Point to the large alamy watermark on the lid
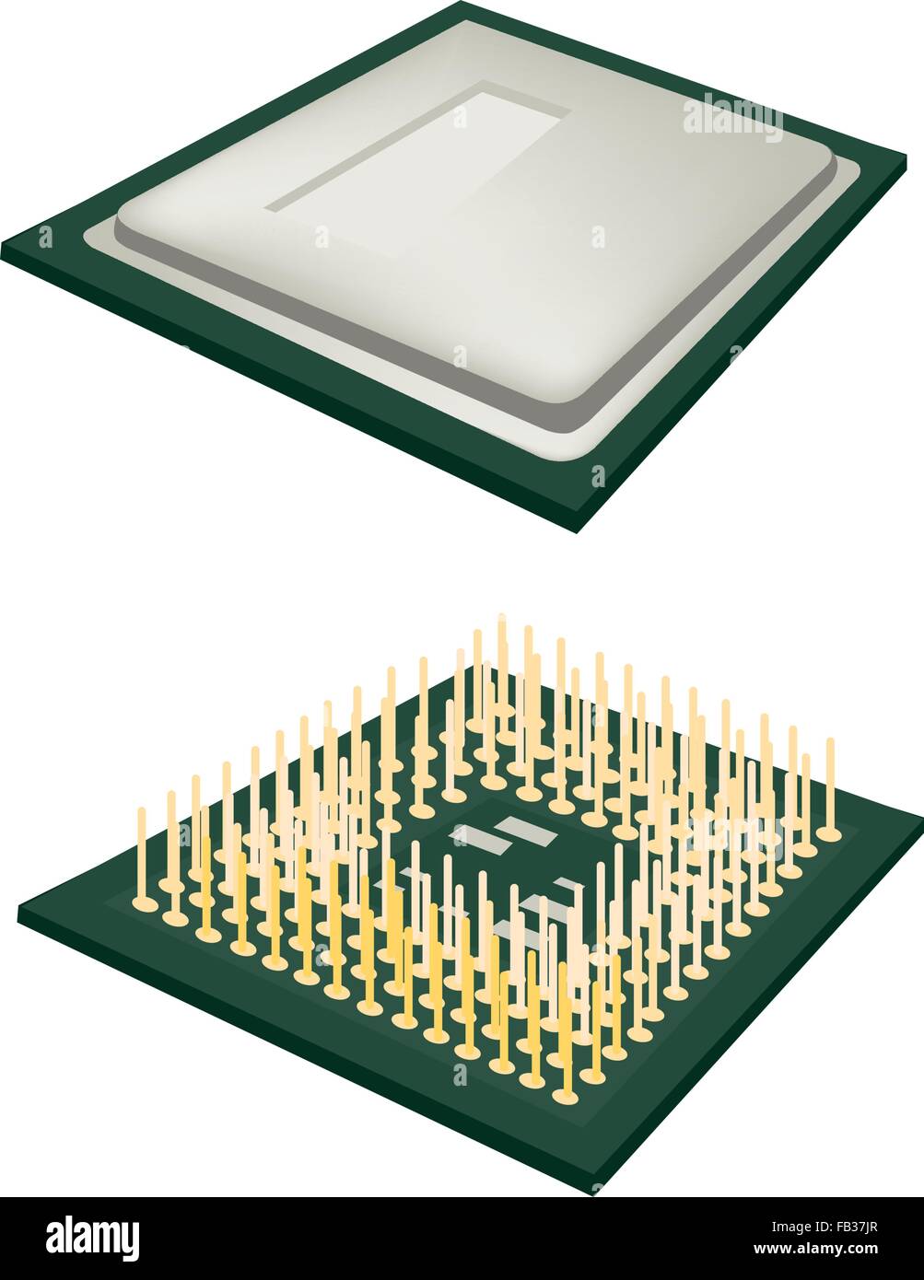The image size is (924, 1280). pos(732,119)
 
